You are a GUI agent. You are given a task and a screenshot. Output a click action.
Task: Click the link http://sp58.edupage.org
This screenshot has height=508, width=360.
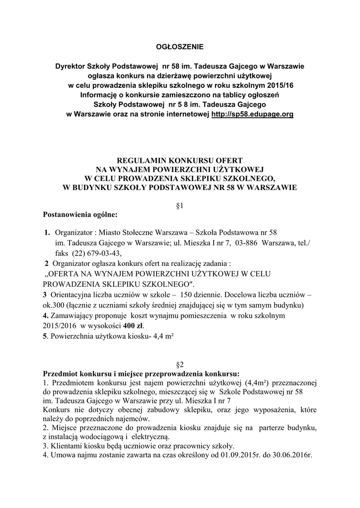(x=252, y=114)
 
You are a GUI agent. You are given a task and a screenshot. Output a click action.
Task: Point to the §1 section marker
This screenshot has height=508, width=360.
(x=180, y=206)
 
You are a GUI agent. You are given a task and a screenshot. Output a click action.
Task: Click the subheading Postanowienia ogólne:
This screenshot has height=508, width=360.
(x=80, y=215)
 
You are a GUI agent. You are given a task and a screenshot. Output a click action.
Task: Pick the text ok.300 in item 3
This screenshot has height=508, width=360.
(x=54, y=305)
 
